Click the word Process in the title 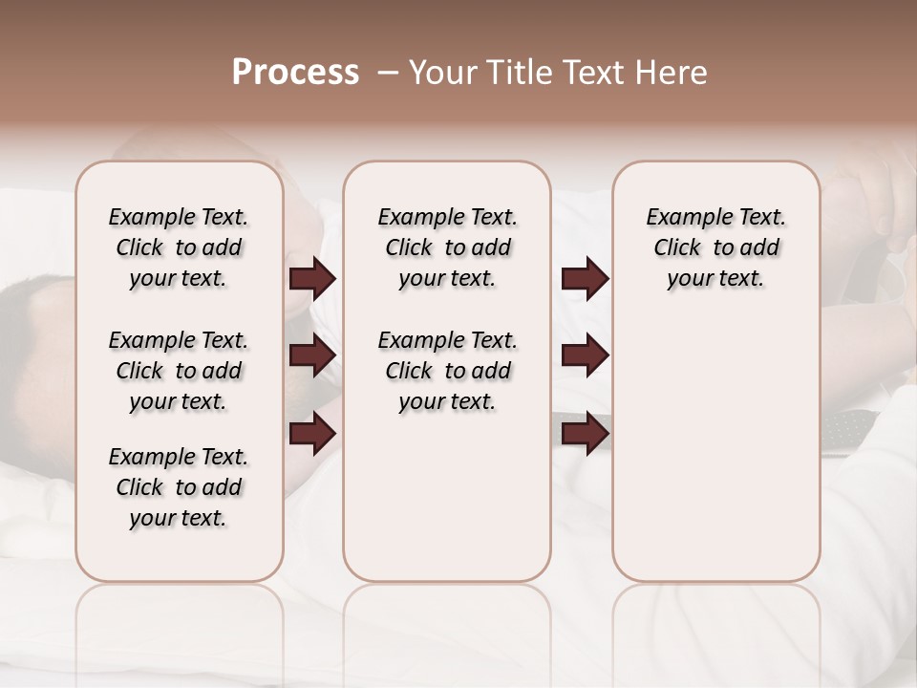coord(295,73)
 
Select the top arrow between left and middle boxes coord(312,279)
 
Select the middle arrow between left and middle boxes coord(312,355)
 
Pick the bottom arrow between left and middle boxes coord(312,433)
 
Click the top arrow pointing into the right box coord(585,279)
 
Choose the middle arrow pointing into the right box coord(585,355)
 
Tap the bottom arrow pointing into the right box coord(585,433)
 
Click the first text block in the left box coord(179,247)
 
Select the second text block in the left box coord(179,371)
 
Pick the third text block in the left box coord(179,487)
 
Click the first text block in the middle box coord(447,247)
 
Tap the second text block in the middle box coord(447,371)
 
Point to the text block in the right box coord(715,247)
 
